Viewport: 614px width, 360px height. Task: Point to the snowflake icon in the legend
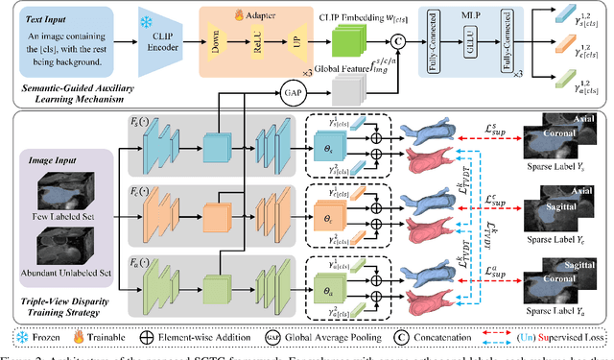[22, 337]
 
